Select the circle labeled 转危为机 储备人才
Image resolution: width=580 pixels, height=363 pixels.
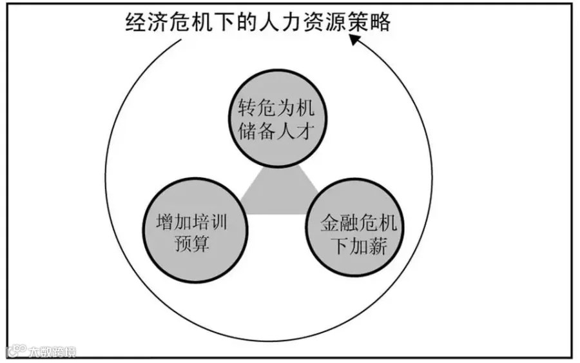[x=280, y=120]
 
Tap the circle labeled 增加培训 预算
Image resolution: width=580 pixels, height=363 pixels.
[x=192, y=233]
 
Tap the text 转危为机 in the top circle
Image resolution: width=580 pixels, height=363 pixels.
[x=280, y=107]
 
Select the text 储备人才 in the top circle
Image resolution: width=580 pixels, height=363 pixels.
[x=280, y=133]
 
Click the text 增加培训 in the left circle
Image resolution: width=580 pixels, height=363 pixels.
[x=192, y=221]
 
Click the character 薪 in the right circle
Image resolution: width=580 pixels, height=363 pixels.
[x=377, y=247]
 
